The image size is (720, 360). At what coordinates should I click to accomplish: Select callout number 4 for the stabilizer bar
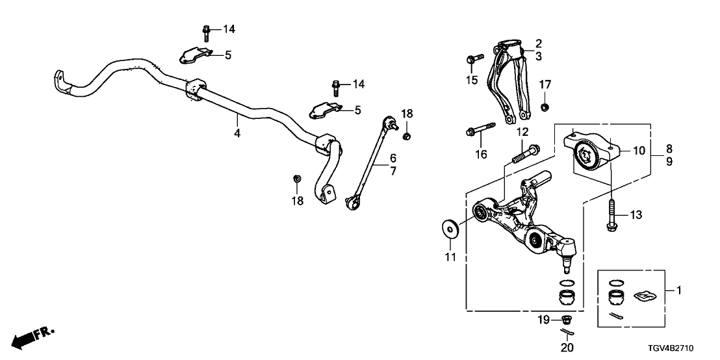point(237,133)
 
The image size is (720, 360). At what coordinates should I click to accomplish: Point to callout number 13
point(636,214)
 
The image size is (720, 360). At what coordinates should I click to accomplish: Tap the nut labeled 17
point(545,106)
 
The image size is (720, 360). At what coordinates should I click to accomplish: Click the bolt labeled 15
point(474,59)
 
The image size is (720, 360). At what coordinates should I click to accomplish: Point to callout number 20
point(567,348)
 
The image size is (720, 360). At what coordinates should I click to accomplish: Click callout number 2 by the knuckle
point(538,44)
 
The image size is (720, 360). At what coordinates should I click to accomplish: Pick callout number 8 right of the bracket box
point(668,148)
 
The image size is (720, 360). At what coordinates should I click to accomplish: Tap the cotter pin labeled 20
point(567,333)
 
